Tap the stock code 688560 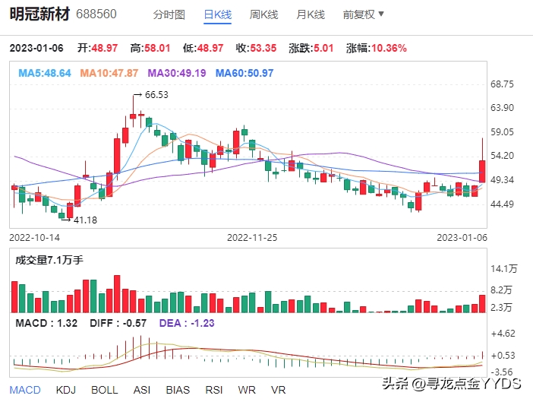coord(97,14)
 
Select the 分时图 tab coord(169,14)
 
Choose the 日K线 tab coord(218,14)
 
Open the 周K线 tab coord(264,14)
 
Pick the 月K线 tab coord(310,14)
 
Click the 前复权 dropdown coord(364,14)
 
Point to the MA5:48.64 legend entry coord(45,73)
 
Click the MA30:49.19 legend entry coord(176,73)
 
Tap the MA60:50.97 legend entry coord(244,73)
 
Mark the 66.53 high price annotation coord(156,95)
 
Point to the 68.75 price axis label coord(503,84)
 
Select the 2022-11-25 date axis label coord(253,237)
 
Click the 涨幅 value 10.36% coord(387,48)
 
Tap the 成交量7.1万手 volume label coord(49,260)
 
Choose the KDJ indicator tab coord(67,390)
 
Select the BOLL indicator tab coord(105,390)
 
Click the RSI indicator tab coord(214,390)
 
